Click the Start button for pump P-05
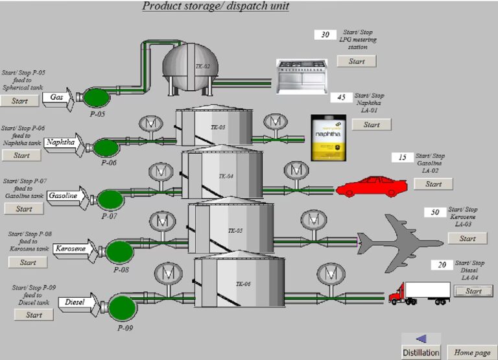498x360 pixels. [19, 101]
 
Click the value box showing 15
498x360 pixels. [402, 158]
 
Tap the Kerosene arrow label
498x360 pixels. [72, 248]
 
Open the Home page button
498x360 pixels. [471, 352]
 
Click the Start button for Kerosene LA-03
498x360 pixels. [467, 239]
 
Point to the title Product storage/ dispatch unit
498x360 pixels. [215, 6]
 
